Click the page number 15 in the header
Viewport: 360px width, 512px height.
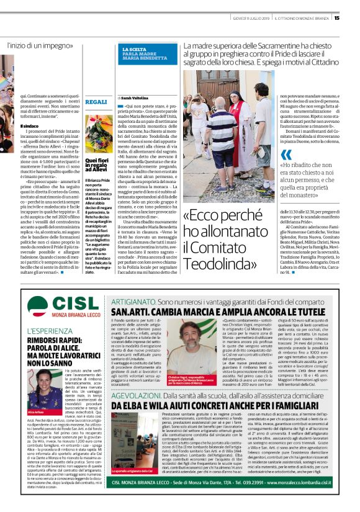(x=353, y=18)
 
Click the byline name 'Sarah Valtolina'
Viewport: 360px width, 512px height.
(x=132, y=99)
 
